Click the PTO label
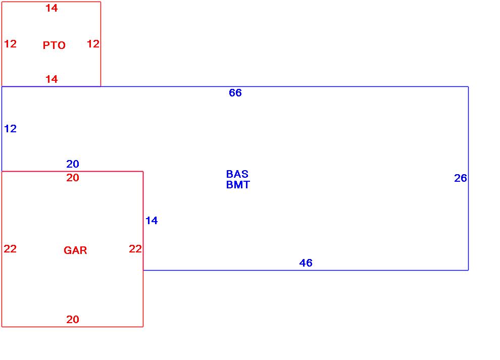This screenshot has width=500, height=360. click(x=54, y=45)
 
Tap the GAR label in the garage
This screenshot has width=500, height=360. click(x=75, y=250)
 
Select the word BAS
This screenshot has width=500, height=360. click(x=237, y=174)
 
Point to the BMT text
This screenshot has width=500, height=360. click(x=238, y=185)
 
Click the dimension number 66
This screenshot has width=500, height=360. click(x=235, y=93)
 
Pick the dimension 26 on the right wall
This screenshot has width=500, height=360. click(x=461, y=178)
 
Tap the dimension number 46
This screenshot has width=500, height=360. click(x=306, y=263)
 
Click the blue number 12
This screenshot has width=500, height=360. click(x=10, y=129)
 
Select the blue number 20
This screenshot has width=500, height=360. click(x=73, y=164)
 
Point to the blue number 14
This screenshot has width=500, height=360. click(x=152, y=221)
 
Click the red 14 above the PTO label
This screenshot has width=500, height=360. click(x=52, y=8)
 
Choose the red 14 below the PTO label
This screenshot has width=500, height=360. click(x=52, y=79)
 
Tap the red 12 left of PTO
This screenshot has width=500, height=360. click(x=10, y=44)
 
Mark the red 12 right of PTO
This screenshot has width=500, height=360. click(x=93, y=44)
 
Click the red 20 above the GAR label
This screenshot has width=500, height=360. click(x=73, y=178)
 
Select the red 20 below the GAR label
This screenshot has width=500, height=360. click(x=73, y=320)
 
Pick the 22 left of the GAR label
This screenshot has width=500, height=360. click(x=10, y=249)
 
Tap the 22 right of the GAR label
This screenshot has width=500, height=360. click(x=135, y=249)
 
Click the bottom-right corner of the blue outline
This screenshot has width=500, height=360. click(x=468, y=270)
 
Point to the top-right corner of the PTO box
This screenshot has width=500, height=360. click(x=101, y=2)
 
